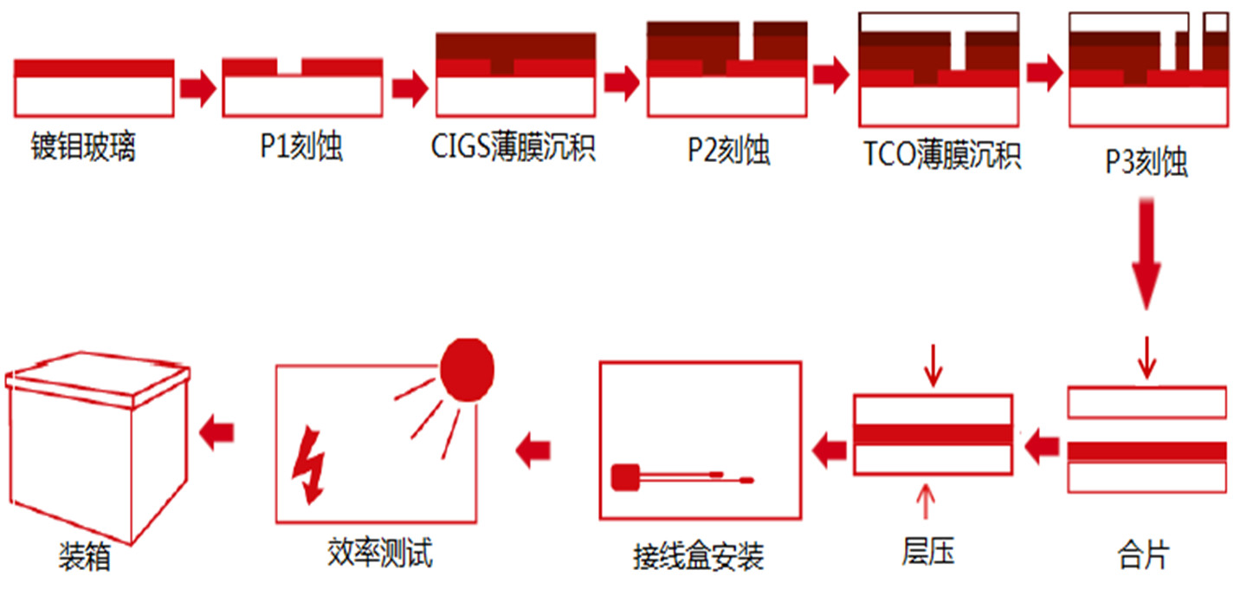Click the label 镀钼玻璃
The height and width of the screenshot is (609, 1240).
coord(83,148)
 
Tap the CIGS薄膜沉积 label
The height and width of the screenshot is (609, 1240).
coord(513,148)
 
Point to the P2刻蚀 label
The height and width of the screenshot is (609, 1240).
coord(728,151)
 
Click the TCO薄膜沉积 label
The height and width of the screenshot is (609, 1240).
coord(942,156)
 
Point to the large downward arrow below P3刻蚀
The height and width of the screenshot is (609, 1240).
coord(1146,255)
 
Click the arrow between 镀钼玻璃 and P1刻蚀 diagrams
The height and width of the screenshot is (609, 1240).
coord(197,88)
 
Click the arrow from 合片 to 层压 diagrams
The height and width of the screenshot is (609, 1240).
coord(1042,447)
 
